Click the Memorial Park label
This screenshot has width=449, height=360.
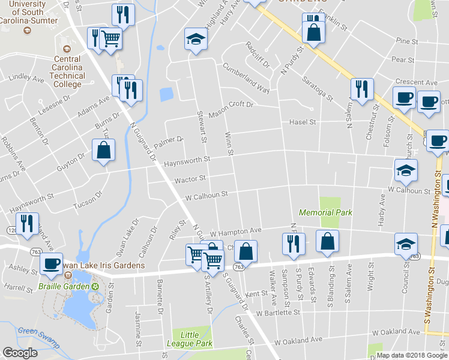(325, 212)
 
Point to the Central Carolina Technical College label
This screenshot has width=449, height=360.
(67, 71)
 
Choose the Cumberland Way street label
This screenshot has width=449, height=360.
(246, 77)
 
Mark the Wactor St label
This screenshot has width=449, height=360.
(190, 178)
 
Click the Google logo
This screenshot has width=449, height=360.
(19, 353)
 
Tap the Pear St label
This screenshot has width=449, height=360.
(403, 60)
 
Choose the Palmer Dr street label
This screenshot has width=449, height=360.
(168, 143)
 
